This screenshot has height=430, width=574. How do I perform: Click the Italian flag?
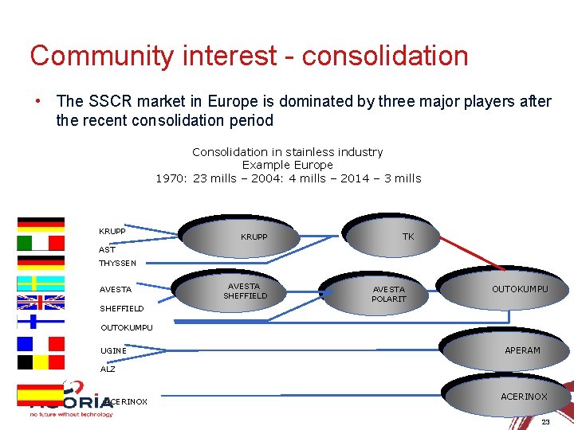[x=41, y=243]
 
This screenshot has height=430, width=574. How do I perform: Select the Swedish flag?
[x=41, y=283]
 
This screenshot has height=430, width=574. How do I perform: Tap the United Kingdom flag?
[x=41, y=303]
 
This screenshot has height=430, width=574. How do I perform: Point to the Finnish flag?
[x=41, y=322]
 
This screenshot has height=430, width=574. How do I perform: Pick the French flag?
[x=41, y=343]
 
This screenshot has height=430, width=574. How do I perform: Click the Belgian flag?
[x=41, y=362]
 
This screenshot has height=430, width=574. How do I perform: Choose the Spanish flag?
[x=41, y=394]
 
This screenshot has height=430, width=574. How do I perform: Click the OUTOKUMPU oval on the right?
[x=501, y=288]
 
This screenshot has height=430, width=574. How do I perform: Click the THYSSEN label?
[x=117, y=263]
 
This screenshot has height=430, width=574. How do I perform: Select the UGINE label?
[x=113, y=350]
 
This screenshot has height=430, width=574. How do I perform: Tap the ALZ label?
[x=108, y=369]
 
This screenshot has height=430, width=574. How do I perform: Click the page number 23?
[x=545, y=421]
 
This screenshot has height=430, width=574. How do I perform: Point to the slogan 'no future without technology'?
[x=71, y=414]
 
